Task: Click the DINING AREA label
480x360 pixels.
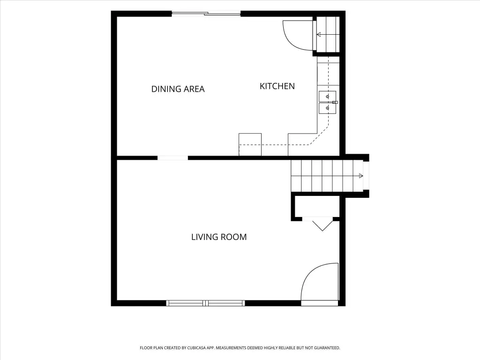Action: tap(178, 89)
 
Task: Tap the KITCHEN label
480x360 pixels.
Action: tap(277, 86)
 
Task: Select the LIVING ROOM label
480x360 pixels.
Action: tap(219, 237)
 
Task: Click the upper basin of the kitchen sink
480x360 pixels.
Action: tap(327, 96)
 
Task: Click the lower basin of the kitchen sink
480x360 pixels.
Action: tap(327, 108)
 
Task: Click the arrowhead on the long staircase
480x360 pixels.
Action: tap(361, 176)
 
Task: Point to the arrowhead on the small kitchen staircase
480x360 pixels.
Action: tap(319, 35)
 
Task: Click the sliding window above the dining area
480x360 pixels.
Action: tap(206, 13)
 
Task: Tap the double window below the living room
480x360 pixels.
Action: tap(206, 303)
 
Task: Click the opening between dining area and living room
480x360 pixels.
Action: tap(172, 158)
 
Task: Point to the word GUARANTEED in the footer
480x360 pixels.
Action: tap(328, 348)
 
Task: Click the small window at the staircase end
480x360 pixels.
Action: tap(366, 176)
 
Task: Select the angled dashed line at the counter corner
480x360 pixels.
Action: tap(319, 135)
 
